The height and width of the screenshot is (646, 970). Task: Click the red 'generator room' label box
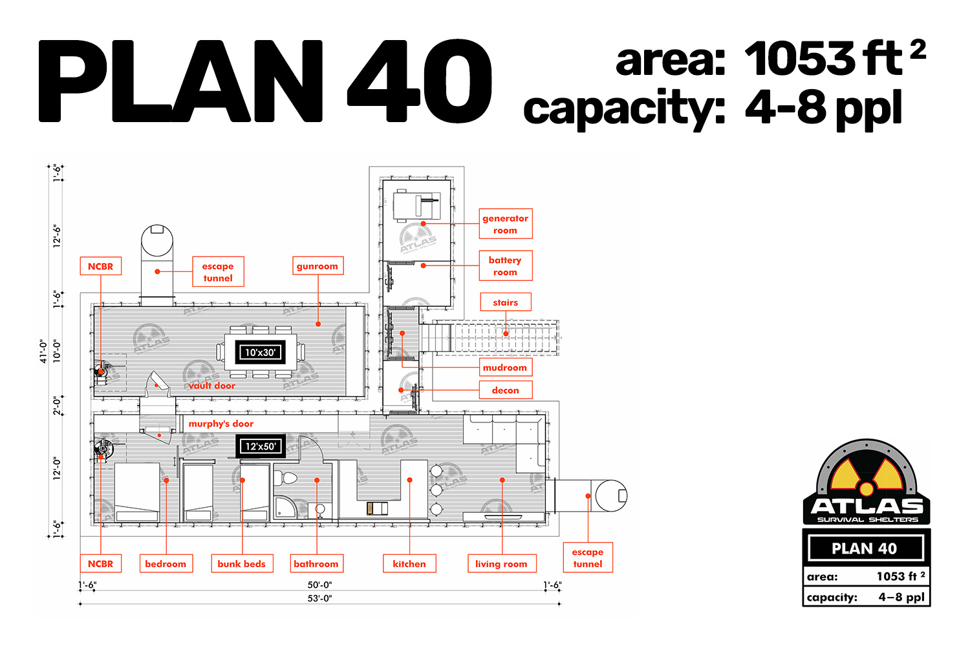(505, 224)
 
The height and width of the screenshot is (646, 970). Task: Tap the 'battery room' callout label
(505, 266)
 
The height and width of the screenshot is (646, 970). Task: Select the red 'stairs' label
(505, 302)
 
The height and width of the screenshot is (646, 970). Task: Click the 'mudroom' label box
(505, 368)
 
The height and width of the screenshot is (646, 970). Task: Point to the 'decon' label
(505, 390)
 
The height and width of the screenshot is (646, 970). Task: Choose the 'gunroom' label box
(318, 266)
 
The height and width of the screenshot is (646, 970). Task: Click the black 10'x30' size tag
(260, 352)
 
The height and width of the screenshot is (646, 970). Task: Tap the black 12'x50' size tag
(260, 446)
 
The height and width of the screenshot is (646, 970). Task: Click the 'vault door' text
(211, 386)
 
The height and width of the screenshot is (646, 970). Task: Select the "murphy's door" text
(221, 424)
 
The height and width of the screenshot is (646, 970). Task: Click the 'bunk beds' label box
(242, 563)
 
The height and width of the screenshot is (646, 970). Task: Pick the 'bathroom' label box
(316, 563)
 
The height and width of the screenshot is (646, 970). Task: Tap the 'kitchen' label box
(409, 563)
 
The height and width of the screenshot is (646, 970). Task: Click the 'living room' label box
(502, 563)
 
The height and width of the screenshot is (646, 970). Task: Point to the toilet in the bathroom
(286, 478)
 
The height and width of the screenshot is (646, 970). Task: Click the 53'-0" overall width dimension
(319, 598)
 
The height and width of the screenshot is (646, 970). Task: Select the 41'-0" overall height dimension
(43, 351)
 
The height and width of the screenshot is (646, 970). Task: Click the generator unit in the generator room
(416, 205)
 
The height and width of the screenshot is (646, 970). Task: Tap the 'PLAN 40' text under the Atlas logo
(865, 548)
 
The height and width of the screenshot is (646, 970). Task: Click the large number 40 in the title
(419, 81)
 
